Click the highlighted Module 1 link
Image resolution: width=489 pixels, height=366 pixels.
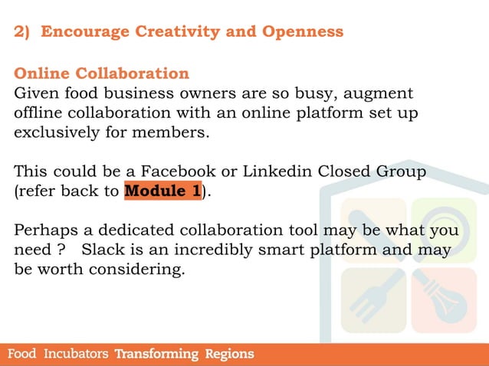(162, 191)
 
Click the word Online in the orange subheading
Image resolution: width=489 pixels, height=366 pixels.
(43, 74)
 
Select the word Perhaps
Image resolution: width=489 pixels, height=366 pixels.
(45, 230)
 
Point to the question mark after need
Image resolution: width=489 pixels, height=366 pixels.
(60, 250)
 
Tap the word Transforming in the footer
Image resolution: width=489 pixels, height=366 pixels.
(156, 355)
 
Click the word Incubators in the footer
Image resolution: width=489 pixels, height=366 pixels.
(76, 355)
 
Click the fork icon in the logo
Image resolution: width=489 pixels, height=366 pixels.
(373, 298)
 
